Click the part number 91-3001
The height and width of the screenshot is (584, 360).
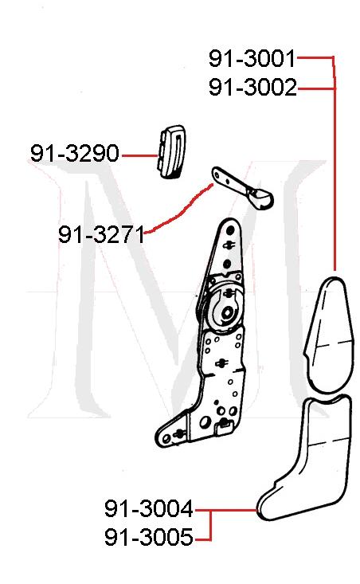(252, 59)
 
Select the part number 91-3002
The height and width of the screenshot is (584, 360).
(252, 88)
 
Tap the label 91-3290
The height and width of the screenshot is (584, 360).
(75, 152)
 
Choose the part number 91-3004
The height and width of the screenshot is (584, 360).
(148, 508)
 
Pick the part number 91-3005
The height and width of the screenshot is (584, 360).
(148, 539)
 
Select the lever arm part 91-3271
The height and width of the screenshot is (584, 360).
(240, 186)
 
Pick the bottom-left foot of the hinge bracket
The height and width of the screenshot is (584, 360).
(165, 437)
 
